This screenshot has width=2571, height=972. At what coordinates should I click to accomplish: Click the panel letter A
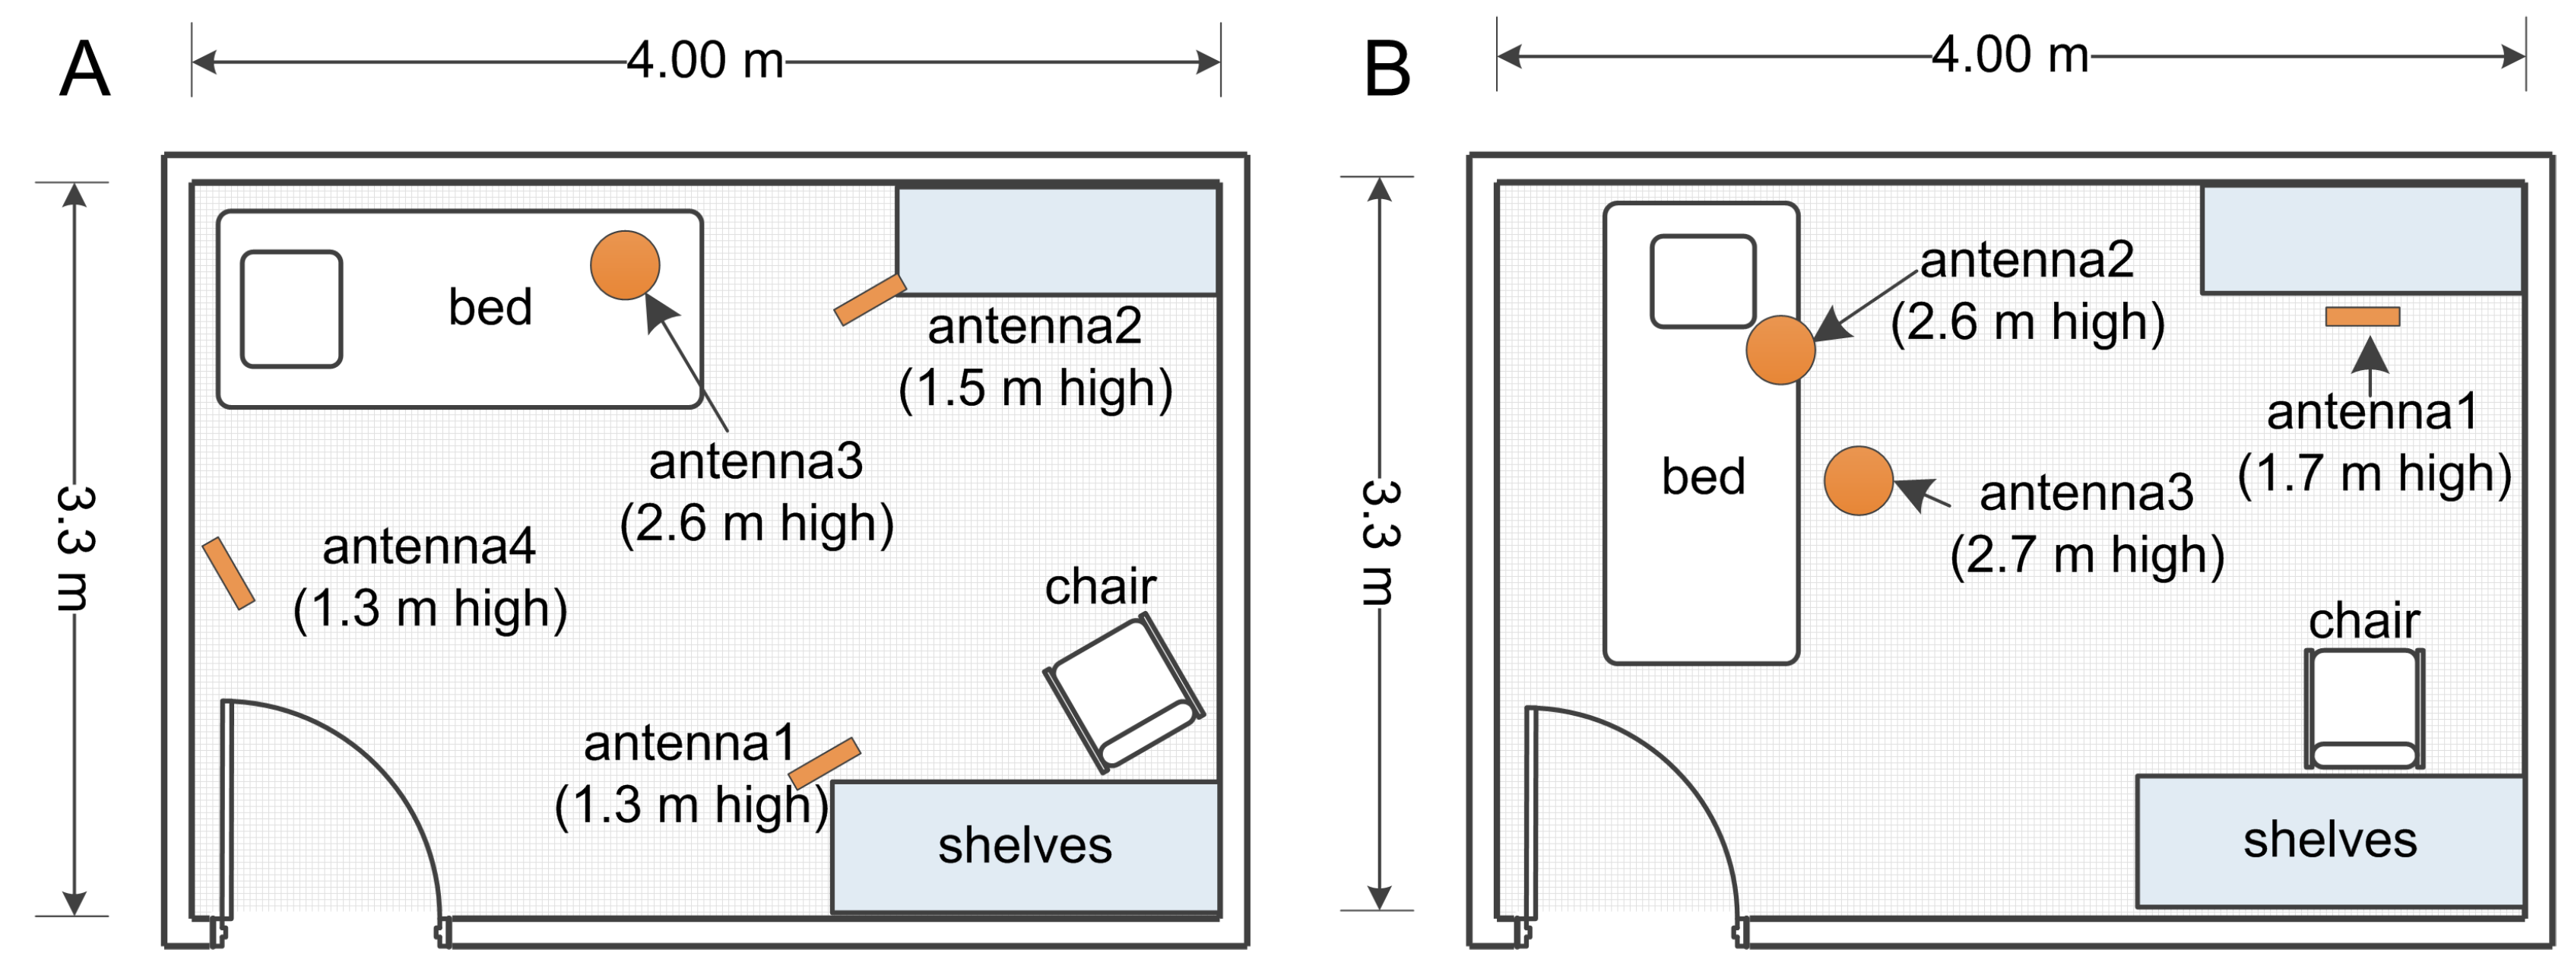(x=85, y=69)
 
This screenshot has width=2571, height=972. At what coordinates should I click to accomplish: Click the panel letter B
(x=1387, y=70)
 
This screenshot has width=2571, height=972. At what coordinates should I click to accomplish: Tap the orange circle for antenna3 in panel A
(x=625, y=265)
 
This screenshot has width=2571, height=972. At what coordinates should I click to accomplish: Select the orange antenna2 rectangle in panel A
(x=870, y=299)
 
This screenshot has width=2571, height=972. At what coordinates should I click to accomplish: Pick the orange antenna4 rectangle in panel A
(x=229, y=573)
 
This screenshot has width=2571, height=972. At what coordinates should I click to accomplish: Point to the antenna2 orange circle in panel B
(x=1780, y=350)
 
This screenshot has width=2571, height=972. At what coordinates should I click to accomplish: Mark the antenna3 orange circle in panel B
(x=1859, y=480)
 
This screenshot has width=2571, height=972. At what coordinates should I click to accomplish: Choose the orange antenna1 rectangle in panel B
(x=2363, y=318)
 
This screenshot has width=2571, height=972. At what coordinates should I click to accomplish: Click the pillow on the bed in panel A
(x=291, y=309)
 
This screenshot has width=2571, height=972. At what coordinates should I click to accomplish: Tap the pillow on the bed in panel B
(x=1703, y=281)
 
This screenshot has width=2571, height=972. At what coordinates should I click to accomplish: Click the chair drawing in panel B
(x=2364, y=708)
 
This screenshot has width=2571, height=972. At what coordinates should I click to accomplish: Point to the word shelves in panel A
(x=1025, y=845)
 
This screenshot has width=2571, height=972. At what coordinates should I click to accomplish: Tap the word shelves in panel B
(x=2331, y=839)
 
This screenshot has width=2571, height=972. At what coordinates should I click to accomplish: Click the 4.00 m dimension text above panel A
(x=705, y=61)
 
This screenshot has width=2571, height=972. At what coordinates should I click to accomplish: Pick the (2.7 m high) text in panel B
(x=2087, y=555)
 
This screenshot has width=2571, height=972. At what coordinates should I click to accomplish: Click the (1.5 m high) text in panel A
(x=1035, y=388)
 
